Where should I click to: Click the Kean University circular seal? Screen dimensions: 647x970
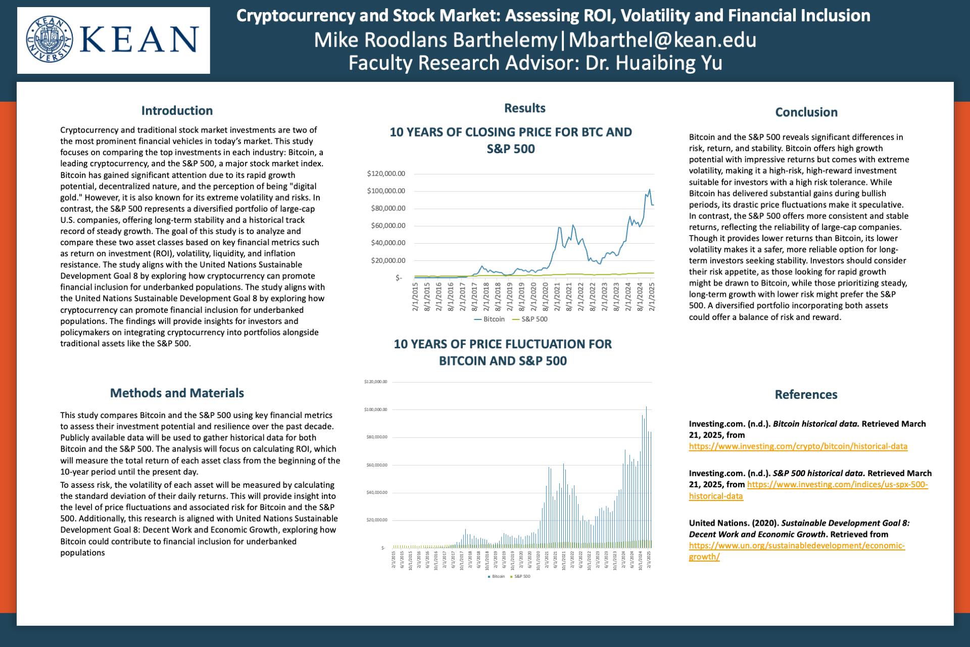click(x=50, y=39)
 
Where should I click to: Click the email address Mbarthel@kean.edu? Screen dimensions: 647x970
click(x=662, y=40)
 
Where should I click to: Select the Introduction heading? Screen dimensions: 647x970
click(x=177, y=111)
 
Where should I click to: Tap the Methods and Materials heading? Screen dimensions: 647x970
click(x=177, y=393)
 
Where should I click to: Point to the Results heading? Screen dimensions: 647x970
click(x=524, y=108)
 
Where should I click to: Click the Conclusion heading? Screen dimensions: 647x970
click(x=806, y=112)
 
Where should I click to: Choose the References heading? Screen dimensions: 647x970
click(x=806, y=394)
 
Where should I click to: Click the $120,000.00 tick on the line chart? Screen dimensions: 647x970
click(x=386, y=174)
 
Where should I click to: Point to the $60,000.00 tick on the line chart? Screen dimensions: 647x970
click(x=388, y=226)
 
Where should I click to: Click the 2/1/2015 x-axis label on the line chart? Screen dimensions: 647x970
click(x=415, y=297)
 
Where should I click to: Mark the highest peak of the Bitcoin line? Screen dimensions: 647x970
click(x=650, y=190)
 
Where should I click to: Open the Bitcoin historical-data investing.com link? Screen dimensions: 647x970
click(x=798, y=446)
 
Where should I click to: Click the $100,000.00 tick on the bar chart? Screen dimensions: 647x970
click(x=375, y=409)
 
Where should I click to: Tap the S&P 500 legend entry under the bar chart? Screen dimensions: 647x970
click(x=522, y=576)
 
